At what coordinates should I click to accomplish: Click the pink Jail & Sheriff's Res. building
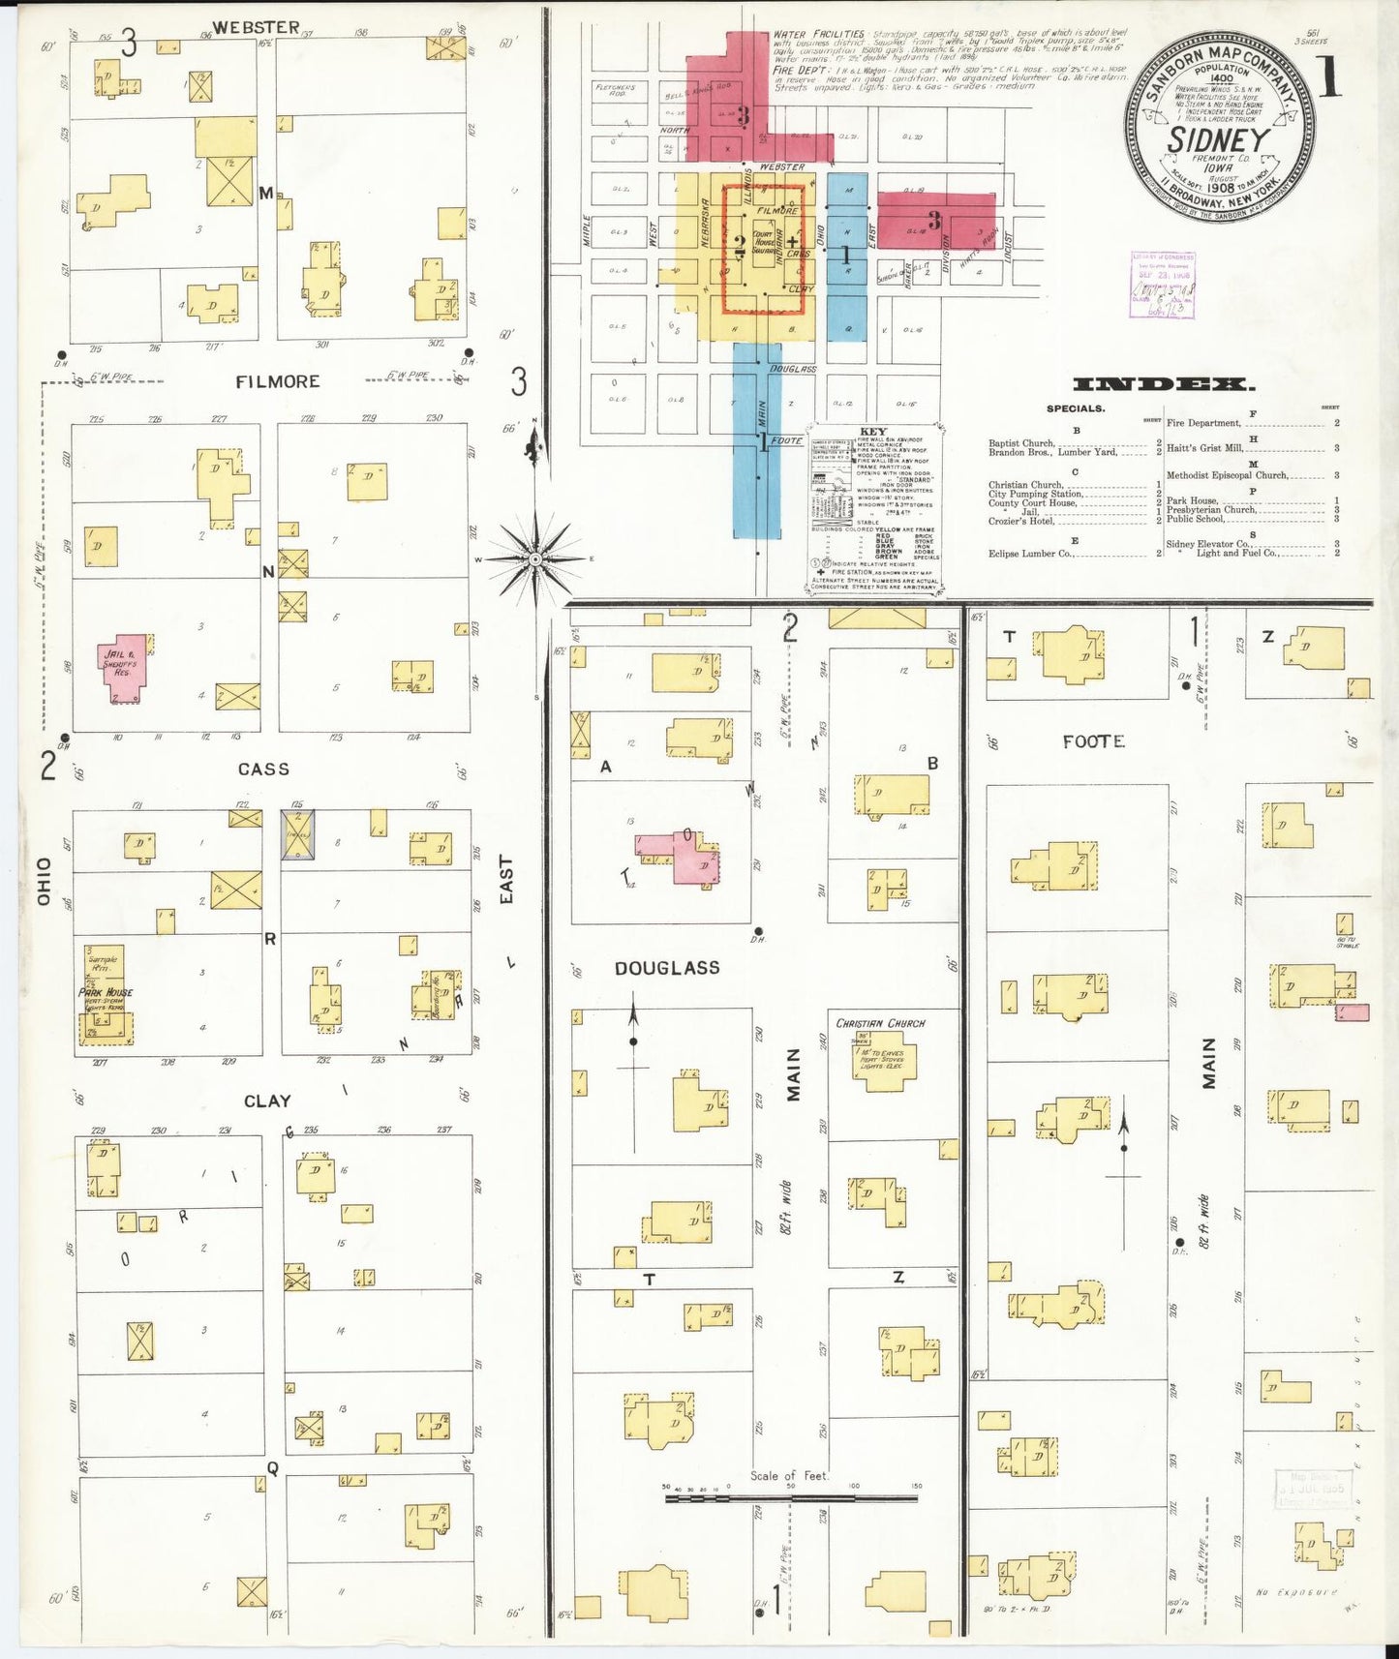point(124,667)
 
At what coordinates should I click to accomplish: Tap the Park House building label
point(106,992)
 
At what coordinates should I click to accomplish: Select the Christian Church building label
point(880,1023)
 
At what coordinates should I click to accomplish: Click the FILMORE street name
point(278,382)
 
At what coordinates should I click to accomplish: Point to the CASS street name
point(263,769)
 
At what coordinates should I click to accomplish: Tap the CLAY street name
point(267,1101)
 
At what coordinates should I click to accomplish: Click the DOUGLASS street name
point(667,968)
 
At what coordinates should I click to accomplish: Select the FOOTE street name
point(1093,741)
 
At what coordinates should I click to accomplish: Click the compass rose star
point(534,559)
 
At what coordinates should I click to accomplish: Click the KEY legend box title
point(872,432)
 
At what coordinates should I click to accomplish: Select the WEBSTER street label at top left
point(256,27)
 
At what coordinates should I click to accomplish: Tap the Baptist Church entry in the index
point(1020,443)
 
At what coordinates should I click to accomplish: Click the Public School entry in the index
point(1196,519)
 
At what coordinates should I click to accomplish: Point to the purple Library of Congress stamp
point(1163,286)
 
